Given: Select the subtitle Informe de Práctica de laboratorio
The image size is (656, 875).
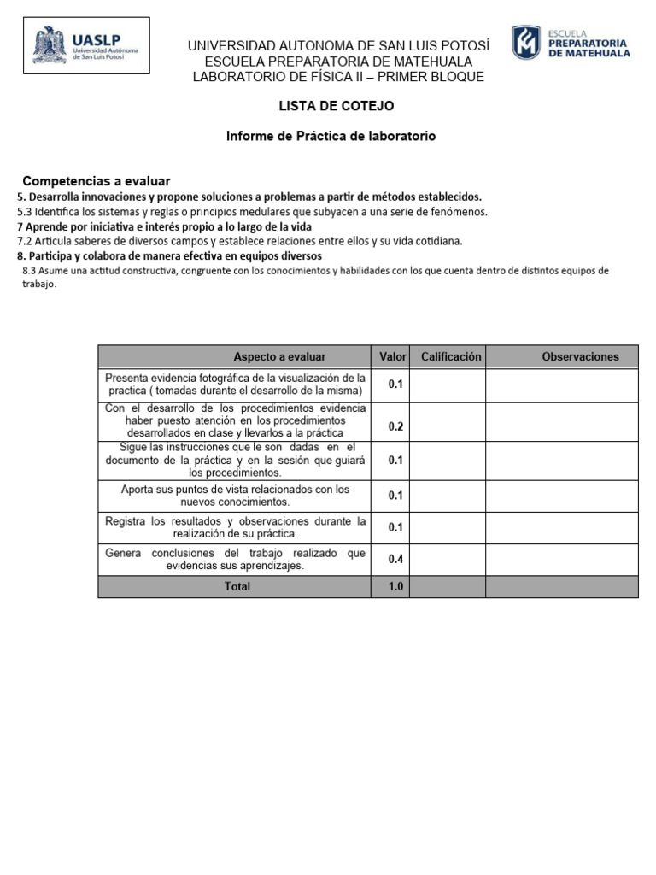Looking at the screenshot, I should [331, 136].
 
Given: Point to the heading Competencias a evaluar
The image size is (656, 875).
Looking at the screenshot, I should [97, 181].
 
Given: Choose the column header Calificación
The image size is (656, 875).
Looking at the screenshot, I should [451, 356].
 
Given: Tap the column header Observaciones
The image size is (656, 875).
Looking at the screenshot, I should [580, 356].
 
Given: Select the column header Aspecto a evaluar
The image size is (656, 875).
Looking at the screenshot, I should [279, 356].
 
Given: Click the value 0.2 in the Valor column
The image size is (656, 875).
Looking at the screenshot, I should [395, 426].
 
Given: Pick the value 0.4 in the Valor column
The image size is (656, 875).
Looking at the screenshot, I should [395, 559].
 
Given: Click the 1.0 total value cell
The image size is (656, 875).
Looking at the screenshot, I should [395, 587].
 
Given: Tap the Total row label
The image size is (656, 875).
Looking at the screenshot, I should [237, 587].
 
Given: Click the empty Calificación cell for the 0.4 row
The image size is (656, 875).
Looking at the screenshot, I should [448, 559].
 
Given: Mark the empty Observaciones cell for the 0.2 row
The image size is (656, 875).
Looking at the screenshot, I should [562, 422].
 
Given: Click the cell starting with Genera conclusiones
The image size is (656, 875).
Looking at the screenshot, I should [235, 559].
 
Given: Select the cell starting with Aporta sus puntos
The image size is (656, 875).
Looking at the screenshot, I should [235, 496].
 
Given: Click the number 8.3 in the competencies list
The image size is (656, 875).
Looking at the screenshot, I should [30, 271].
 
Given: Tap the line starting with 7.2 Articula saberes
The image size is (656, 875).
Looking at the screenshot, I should [240, 241].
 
